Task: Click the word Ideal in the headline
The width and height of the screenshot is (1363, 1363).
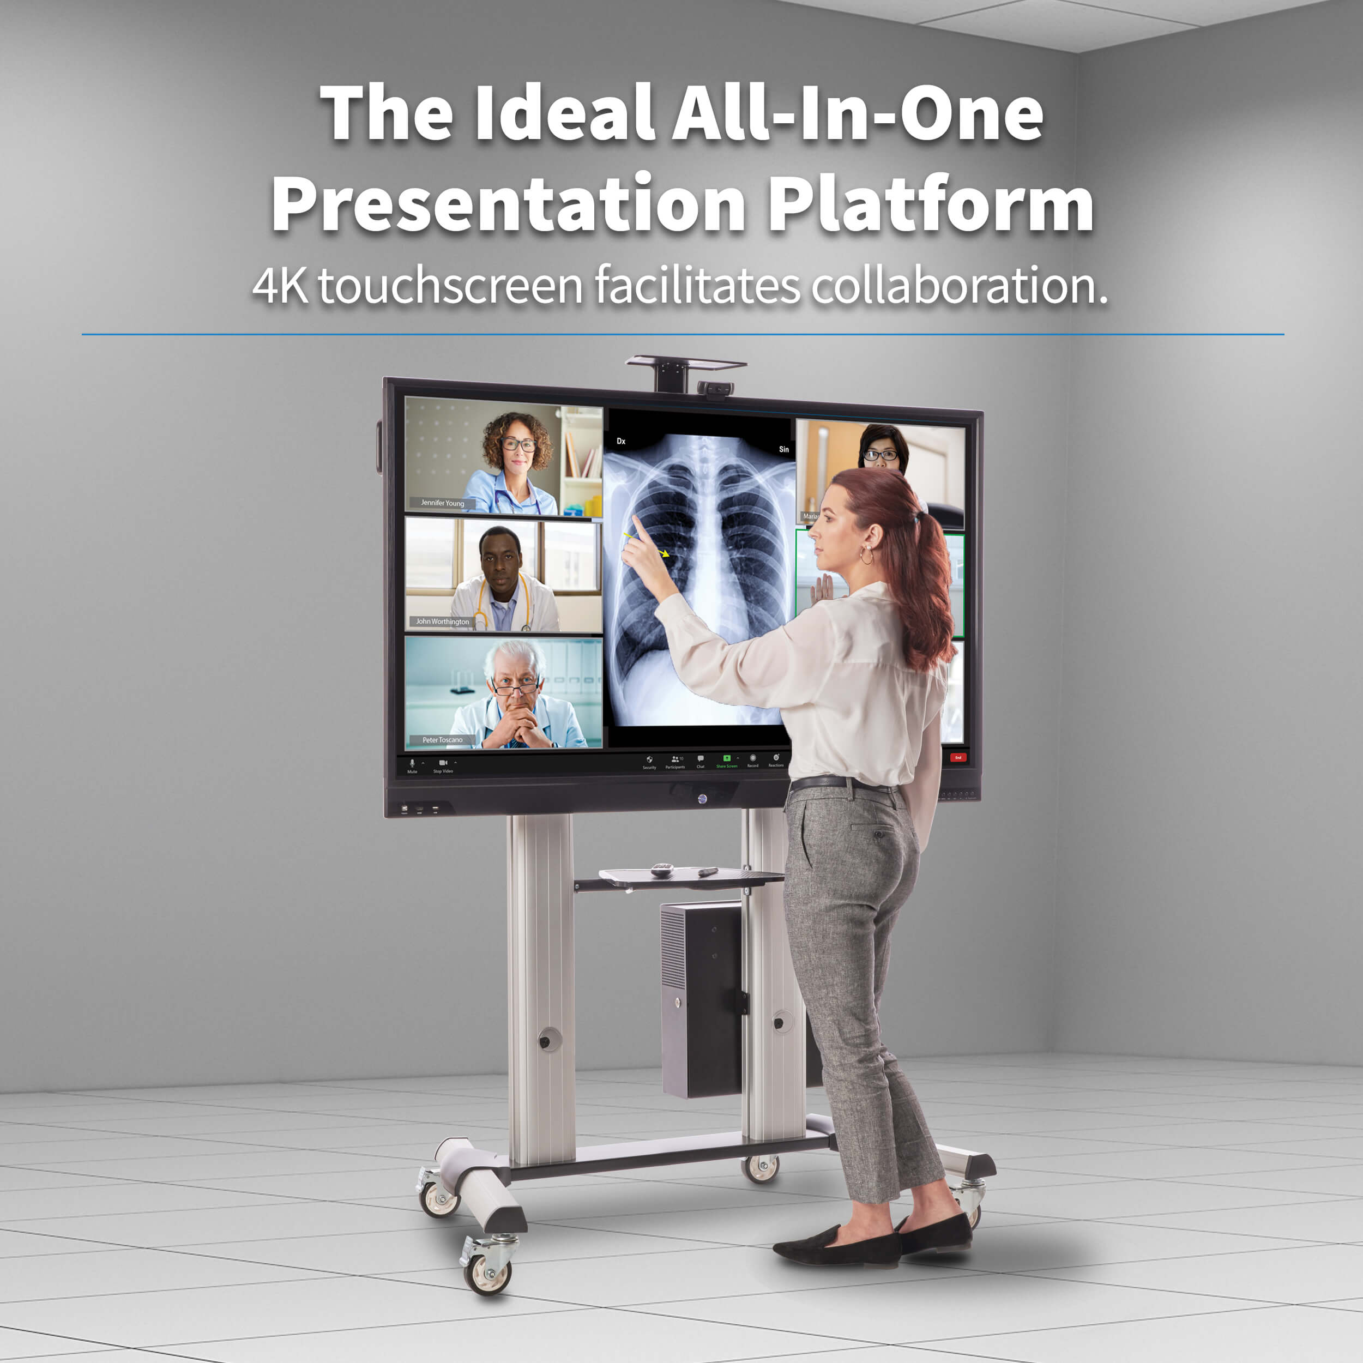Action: tap(564, 113)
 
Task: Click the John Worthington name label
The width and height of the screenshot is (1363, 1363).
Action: tap(442, 622)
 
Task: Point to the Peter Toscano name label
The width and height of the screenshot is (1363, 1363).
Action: tap(442, 739)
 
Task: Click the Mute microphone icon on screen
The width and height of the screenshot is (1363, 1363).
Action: tap(412, 763)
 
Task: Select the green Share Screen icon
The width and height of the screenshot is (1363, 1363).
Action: tap(727, 758)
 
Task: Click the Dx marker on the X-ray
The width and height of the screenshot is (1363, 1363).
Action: tap(621, 441)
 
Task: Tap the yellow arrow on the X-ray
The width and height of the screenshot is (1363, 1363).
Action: tap(662, 553)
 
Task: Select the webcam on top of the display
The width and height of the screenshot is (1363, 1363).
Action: tap(715, 388)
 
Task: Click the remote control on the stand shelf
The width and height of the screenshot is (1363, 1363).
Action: tap(662, 869)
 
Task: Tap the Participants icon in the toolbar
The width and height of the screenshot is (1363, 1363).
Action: tap(675, 760)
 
